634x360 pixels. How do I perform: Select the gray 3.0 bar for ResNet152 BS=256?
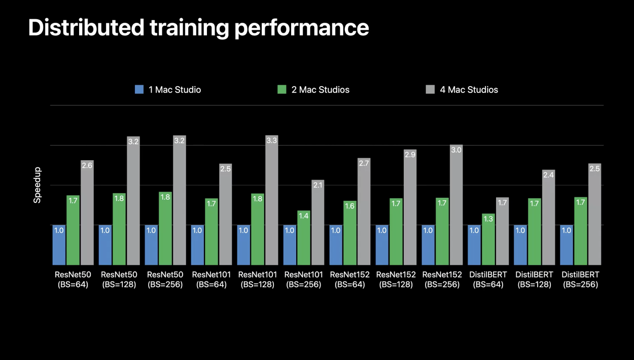pos(456,205)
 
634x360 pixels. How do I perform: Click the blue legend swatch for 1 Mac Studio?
pos(139,90)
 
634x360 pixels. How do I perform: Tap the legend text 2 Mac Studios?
pos(320,90)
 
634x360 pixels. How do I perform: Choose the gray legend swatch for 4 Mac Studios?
pos(430,90)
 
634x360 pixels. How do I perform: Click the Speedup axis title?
pos(37,185)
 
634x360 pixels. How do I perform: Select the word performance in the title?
pos(301,27)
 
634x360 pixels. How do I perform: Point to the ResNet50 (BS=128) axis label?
pos(119,279)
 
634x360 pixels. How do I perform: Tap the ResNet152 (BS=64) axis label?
pos(349,279)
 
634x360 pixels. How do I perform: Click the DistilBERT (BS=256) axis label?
pos(580,279)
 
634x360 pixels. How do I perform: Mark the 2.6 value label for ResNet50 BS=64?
pos(87,165)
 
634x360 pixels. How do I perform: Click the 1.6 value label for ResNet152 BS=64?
pos(349,206)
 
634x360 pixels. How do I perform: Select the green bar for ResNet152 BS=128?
pos(396,231)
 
